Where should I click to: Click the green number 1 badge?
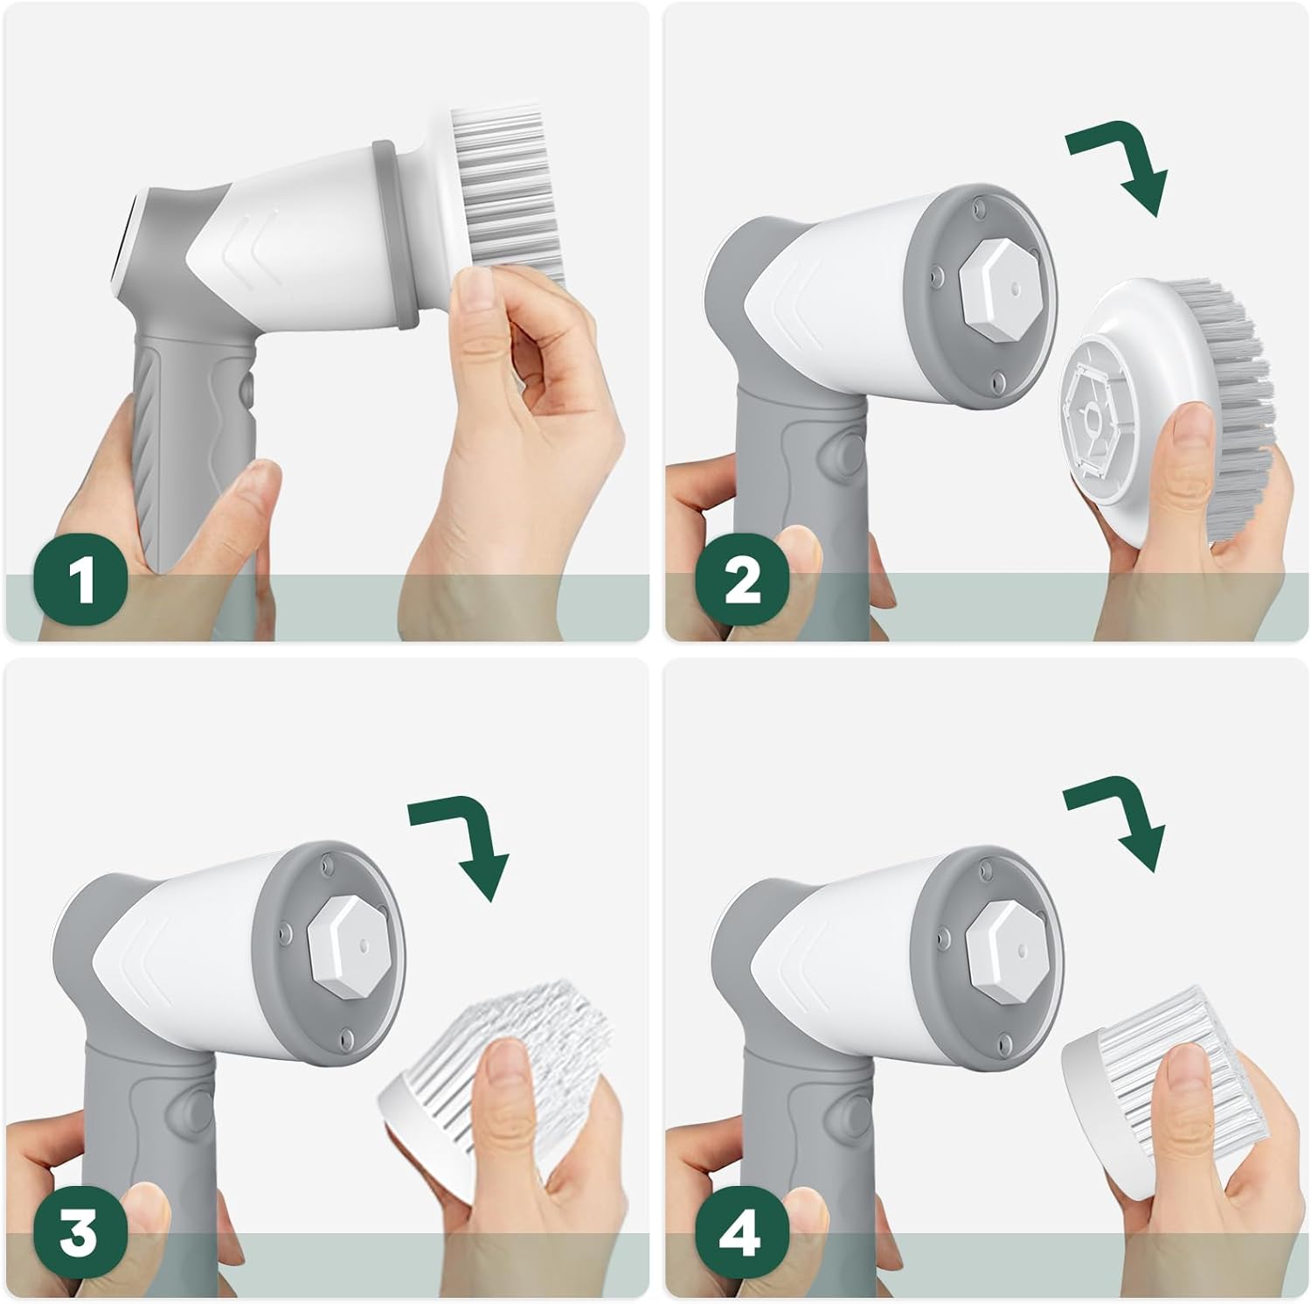coord(81,581)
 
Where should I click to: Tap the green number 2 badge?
coord(742,581)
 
